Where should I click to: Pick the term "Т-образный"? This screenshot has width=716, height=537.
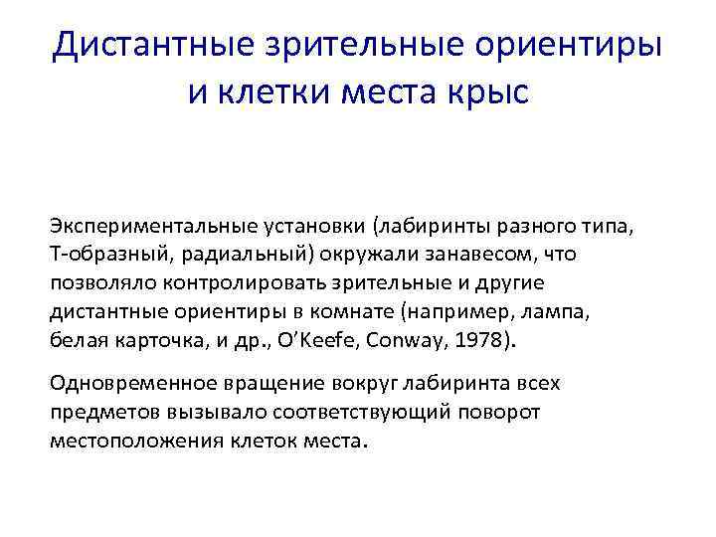click(98, 255)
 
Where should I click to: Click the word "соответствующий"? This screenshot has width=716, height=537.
click(316, 412)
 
